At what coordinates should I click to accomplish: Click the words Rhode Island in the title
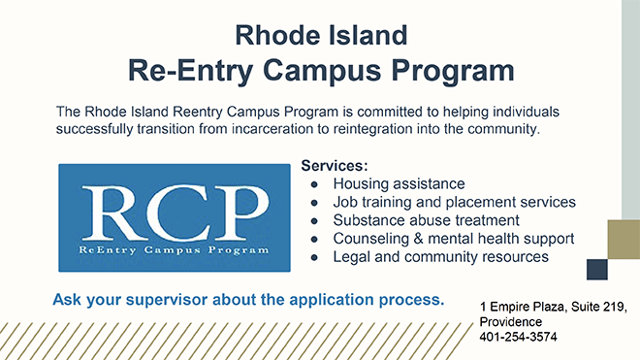coord(320,36)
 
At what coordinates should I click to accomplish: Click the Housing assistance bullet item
coord(399,183)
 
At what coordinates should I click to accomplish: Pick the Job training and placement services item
coord(454,202)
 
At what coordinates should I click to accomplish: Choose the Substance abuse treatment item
coord(418,220)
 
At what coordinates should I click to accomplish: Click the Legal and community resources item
coord(440,257)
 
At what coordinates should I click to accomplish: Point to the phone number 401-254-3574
coord(520,338)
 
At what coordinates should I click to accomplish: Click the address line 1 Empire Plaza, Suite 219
coord(554,307)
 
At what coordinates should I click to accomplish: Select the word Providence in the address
coord(511,322)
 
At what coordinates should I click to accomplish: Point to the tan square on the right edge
coord(623,238)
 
